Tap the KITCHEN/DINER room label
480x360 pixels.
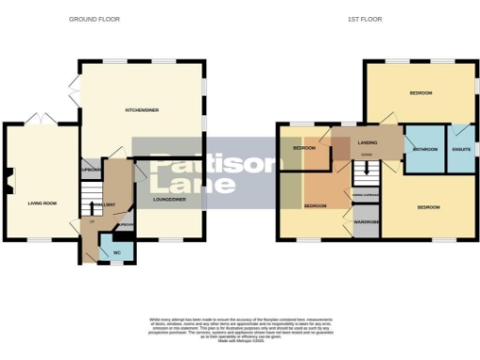click(x=142, y=111)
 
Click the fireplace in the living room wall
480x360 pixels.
click(x=8, y=179)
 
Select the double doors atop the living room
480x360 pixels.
click(x=40, y=120)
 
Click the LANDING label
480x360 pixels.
click(x=367, y=142)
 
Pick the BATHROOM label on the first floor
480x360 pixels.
click(x=426, y=149)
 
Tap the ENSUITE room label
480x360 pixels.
click(x=460, y=149)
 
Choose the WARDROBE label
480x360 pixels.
click(x=366, y=222)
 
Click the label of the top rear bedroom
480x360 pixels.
click(x=420, y=93)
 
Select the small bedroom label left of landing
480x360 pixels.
click(x=304, y=148)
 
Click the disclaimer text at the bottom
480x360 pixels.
click(x=239, y=327)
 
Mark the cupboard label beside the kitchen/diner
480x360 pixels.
click(x=90, y=171)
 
